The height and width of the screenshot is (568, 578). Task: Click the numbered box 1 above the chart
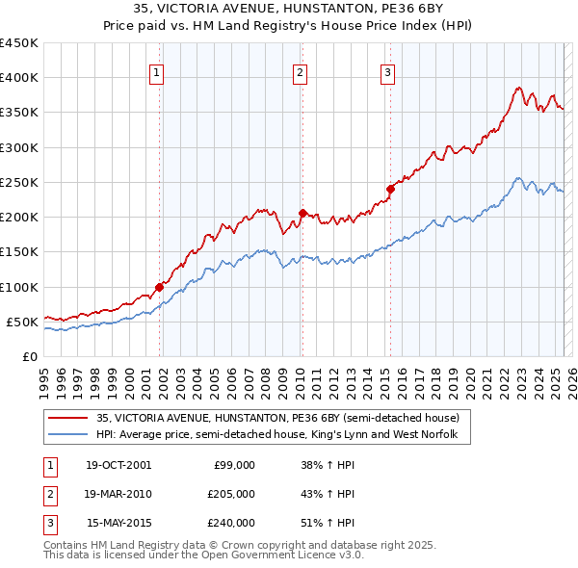tap(156, 70)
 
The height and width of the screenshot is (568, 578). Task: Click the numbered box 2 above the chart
tap(300, 70)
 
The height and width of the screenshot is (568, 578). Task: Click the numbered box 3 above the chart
tap(387, 70)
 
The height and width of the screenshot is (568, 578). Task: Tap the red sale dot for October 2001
tap(160, 287)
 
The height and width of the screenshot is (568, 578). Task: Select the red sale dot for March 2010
tap(302, 213)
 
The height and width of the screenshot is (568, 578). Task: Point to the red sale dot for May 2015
tap(390, 189)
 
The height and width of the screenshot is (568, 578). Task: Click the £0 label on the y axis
tap(29, 356)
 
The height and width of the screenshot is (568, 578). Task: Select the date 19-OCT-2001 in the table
tap(118, 465)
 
